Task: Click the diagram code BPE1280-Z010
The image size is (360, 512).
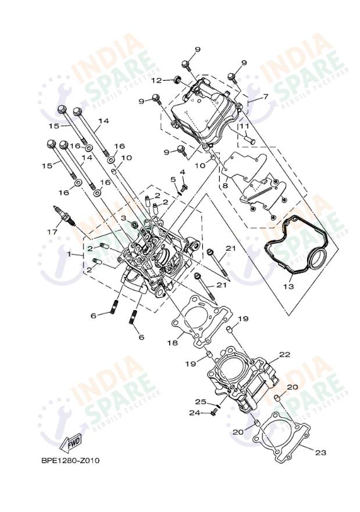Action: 70,461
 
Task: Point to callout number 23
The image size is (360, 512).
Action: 320,452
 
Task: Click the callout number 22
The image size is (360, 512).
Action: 284,354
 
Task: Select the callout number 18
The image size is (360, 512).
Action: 173,343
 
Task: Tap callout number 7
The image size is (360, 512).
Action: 265,97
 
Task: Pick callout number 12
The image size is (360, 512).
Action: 156,80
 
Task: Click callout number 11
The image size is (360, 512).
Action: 244,126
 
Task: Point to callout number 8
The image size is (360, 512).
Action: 224,186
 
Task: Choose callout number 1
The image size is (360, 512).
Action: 69,254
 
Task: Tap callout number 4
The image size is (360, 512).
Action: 182,172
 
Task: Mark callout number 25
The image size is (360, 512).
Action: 200,402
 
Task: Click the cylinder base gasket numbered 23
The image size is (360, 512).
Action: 283,436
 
